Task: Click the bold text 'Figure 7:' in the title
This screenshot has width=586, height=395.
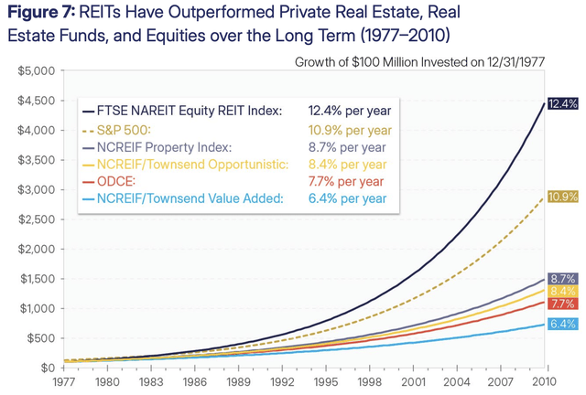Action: [43, 14]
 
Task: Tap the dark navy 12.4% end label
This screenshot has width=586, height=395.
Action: [562, 104]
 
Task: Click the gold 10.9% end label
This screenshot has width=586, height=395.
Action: [562, 197]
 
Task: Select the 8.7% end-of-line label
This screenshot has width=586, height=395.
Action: [562, 278]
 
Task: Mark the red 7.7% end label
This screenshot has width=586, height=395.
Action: [562, 304]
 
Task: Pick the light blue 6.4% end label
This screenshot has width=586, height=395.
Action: [562, 324]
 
